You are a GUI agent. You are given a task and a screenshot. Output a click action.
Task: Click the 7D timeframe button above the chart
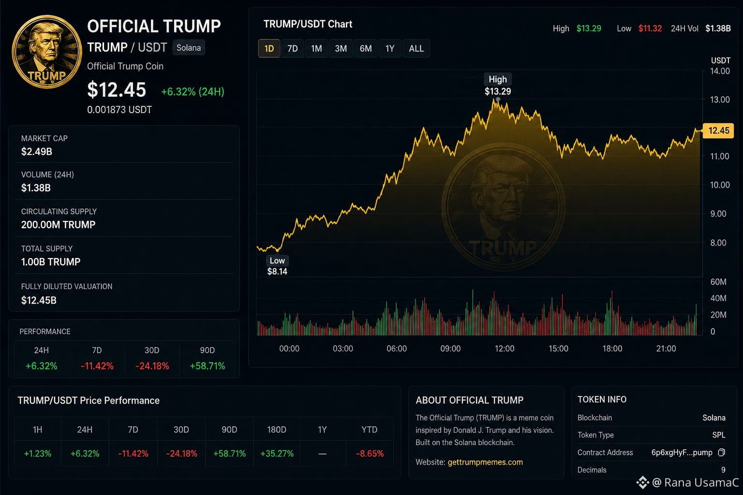(292, 48)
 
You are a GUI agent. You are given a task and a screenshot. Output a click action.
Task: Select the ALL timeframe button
(416, 48)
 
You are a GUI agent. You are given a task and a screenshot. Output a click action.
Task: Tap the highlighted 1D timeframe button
(269, 48)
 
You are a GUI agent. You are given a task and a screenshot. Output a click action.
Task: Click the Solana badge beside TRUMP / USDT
(188, 48)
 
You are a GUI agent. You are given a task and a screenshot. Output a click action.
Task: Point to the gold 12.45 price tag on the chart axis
(718, 131)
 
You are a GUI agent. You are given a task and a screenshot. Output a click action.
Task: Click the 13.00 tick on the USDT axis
(720, 100)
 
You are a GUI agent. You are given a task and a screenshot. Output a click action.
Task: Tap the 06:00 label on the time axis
(397, 349)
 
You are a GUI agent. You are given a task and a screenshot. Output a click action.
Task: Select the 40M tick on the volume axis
(718, 298)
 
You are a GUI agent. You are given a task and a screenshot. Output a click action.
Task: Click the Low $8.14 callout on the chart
(277, 266)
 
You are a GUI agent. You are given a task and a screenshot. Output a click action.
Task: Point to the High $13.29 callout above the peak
(498, 85)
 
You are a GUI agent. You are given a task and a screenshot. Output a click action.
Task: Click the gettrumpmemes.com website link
(485, 462)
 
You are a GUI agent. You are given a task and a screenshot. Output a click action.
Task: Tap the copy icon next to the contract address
(721, 452)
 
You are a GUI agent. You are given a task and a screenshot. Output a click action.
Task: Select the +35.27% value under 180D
(277, 453)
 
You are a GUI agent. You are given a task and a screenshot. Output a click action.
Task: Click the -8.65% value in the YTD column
(370, 453)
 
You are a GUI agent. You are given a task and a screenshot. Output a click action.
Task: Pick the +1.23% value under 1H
(37, 453)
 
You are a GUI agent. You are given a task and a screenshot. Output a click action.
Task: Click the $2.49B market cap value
(36, 151)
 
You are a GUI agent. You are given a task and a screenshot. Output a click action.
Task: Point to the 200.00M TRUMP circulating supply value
(58, 224)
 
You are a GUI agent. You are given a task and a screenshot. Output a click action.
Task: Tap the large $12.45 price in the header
(117, 89)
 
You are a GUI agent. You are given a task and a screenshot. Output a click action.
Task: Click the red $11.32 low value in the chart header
(650, 29)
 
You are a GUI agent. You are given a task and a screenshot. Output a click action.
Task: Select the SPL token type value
(718, 435)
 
